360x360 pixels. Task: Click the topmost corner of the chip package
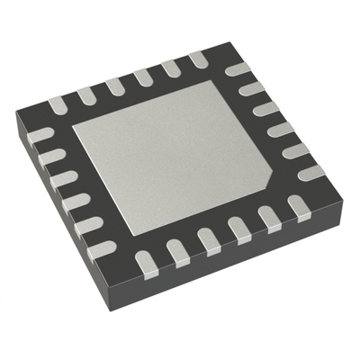click(216, 45)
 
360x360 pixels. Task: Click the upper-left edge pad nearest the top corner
click(197, 59)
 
